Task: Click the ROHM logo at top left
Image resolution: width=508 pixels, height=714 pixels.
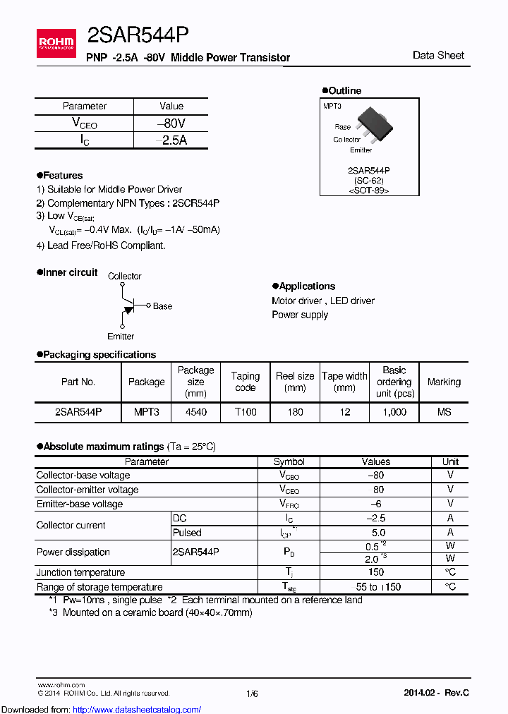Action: pos(56,44)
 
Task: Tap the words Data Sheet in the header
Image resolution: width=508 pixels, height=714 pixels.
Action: pos(438,55)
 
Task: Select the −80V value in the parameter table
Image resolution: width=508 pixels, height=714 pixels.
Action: pos(171,123)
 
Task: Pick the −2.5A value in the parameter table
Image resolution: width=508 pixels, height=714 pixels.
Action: pos(171,140)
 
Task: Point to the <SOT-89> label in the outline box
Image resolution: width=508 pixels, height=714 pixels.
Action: pos(369,190)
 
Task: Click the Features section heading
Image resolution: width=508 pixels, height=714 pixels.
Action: pos(62,175)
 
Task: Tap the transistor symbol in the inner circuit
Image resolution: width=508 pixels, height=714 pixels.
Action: pos(127,305)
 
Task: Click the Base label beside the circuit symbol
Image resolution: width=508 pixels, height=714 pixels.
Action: pos(162,306)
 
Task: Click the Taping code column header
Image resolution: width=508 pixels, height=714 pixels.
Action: pos(246,382)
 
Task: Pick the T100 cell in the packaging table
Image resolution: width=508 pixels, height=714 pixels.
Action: pos(246,412)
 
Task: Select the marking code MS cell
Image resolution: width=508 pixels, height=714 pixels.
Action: pos(444,412)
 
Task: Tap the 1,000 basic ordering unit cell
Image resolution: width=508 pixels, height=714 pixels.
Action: pos(394,412)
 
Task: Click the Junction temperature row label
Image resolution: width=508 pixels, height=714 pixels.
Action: pos(80,572)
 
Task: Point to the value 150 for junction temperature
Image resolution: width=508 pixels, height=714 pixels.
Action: pos(375,572)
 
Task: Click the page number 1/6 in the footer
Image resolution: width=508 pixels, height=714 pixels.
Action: pos(252,694)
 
